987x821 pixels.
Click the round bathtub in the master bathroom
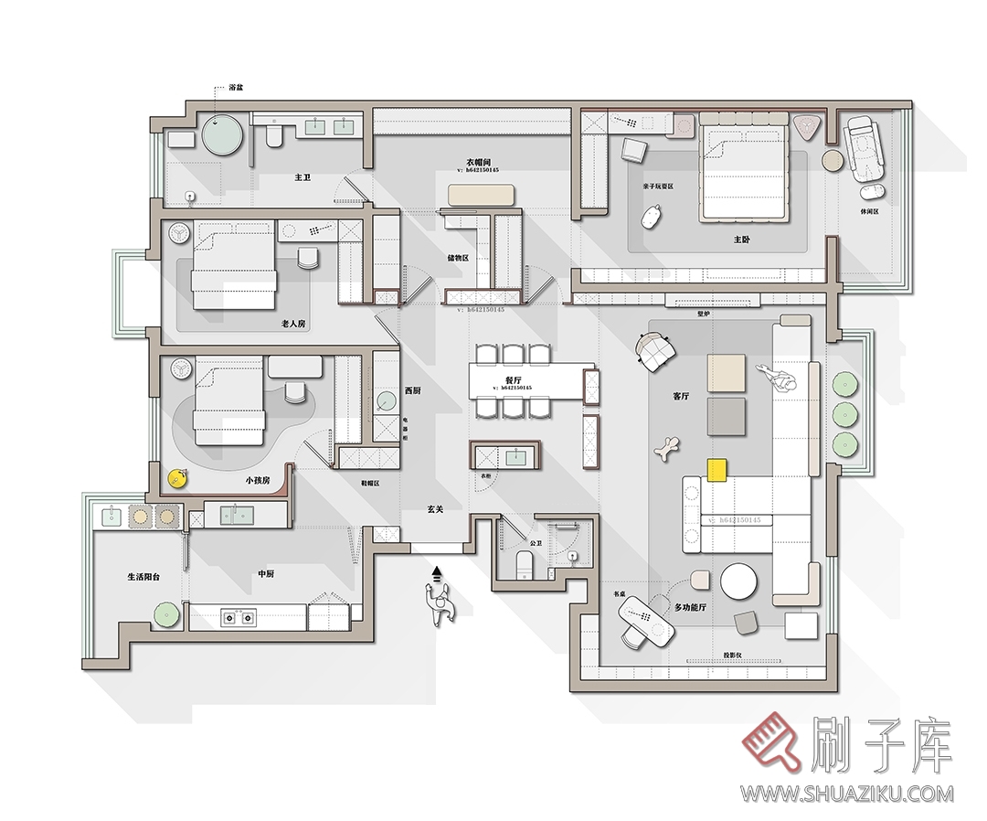223,135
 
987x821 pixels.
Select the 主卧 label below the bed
742,240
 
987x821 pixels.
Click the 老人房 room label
293,324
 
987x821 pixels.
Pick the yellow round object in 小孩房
176,476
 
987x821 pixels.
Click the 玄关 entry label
435,509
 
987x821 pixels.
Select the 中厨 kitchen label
266,574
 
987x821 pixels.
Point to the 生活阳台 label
145,577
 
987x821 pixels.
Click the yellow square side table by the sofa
716,469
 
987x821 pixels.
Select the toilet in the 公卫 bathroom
525,564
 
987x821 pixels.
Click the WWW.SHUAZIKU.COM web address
846,794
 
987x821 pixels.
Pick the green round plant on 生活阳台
165,614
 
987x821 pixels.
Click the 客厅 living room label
681,397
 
